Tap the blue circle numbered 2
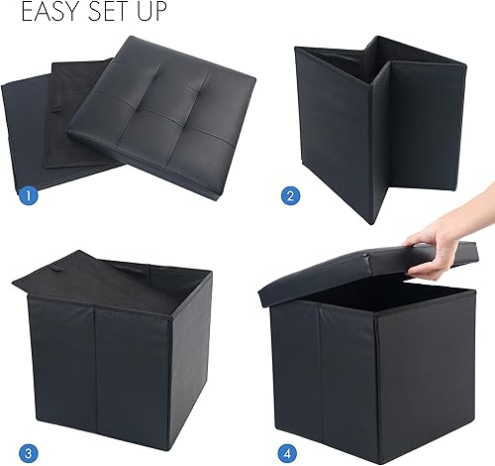point(290,195)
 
